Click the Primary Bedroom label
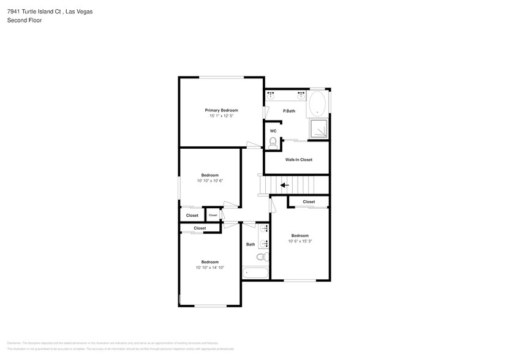[221, 110]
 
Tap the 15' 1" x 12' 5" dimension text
[221, 116]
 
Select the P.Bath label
[289, 111]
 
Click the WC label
[273, 130]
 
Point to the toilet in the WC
[273, 142]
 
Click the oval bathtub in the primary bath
[317, 103]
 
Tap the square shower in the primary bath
[319, 129]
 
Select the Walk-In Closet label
[298, 160]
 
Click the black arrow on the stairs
[284, 185]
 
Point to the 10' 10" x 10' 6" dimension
[209, 181]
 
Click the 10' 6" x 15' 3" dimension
[300, 241]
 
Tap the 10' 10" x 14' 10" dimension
[209, 268]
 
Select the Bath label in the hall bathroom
[251, 244]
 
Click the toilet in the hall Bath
[261, 257]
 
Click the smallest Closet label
[213, 216]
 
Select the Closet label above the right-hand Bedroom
[309, 201]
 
